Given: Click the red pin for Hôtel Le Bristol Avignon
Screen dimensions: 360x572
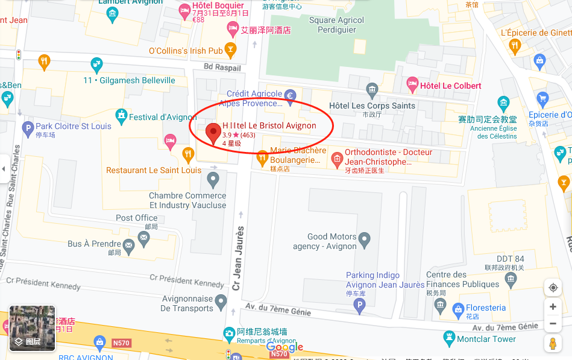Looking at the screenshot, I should [x=213, y=132].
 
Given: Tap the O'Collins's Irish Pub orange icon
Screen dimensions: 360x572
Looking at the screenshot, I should [x=230, y=50].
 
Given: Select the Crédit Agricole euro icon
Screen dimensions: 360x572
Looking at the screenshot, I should [x=290, y=95].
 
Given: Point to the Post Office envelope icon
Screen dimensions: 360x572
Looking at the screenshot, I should [x=143, y=238].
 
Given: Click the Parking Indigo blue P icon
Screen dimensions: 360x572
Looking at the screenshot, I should [x=360, y=306].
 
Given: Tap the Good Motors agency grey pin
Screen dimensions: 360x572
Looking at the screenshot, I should [x=365, y=242].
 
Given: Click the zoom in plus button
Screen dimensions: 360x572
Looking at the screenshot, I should [x=553, y=306].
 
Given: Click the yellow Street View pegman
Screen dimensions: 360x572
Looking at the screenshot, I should [x=553, y=344].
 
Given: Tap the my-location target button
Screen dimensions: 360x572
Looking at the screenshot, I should [x=553, y=288].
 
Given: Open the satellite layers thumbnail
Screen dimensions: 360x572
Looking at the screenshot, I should [x=33, y=328].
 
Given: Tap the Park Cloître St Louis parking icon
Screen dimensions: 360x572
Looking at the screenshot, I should [x=27, y=127].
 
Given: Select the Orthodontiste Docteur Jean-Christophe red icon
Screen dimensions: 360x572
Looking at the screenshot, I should [x=336, y=159].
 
